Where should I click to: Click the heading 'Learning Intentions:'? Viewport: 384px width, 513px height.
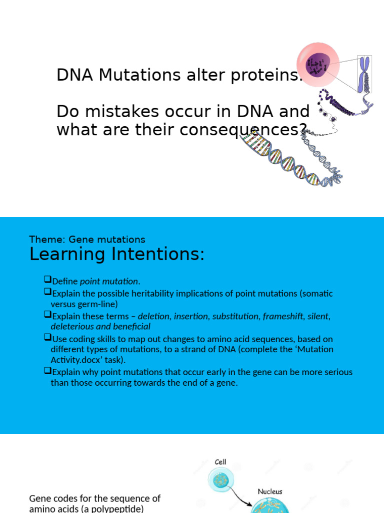coord(117,254)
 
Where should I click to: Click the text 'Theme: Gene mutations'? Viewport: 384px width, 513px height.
coord(87,239)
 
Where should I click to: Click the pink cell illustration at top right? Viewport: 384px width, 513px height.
coord(318,65)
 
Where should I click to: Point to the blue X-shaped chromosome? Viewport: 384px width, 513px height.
coord(364,74)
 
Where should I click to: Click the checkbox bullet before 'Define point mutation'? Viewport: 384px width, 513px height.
coord(47,281)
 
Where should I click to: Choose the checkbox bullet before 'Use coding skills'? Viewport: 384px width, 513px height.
coord(47,339)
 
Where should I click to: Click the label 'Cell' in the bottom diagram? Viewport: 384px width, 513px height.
coord(221,462)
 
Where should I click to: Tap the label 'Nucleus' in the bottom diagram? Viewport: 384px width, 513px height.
coord(269,491)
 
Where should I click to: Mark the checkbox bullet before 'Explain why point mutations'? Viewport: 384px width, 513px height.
coord(47,371)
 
